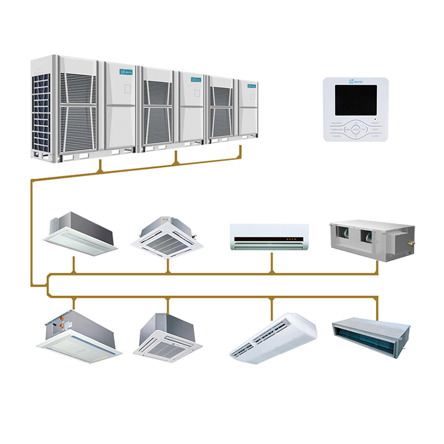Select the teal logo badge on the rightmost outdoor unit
pyautogui.click(x=252, y=85)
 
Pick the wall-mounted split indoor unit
pyautogui.click(x=269, y=237)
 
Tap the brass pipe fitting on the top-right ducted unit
pyautogui.click(x=411, y=243)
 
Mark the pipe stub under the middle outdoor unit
pyautogui.click(x=176, y=158)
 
